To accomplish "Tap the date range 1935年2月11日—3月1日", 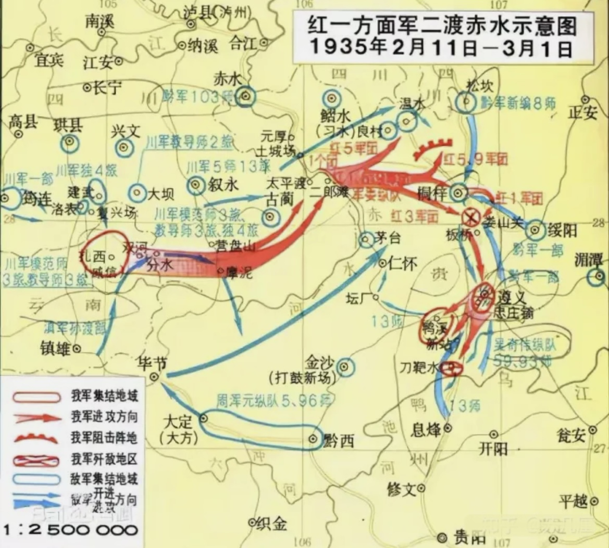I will tap(441, 48).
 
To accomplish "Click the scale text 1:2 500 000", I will tap(71, 531).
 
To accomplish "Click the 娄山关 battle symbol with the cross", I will tap(471, 216).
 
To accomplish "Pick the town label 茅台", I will tap(388, 238).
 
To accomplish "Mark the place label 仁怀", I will tap(403, 264).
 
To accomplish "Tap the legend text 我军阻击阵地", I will tap(104, 438).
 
